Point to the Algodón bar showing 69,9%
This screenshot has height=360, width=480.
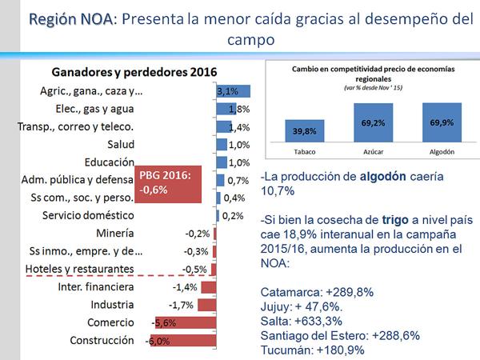coord(439,125)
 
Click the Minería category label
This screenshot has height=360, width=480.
coord(125,234)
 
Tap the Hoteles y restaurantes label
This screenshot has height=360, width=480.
coord(79,269)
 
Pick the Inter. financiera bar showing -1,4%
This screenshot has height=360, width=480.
coord(208,287)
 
